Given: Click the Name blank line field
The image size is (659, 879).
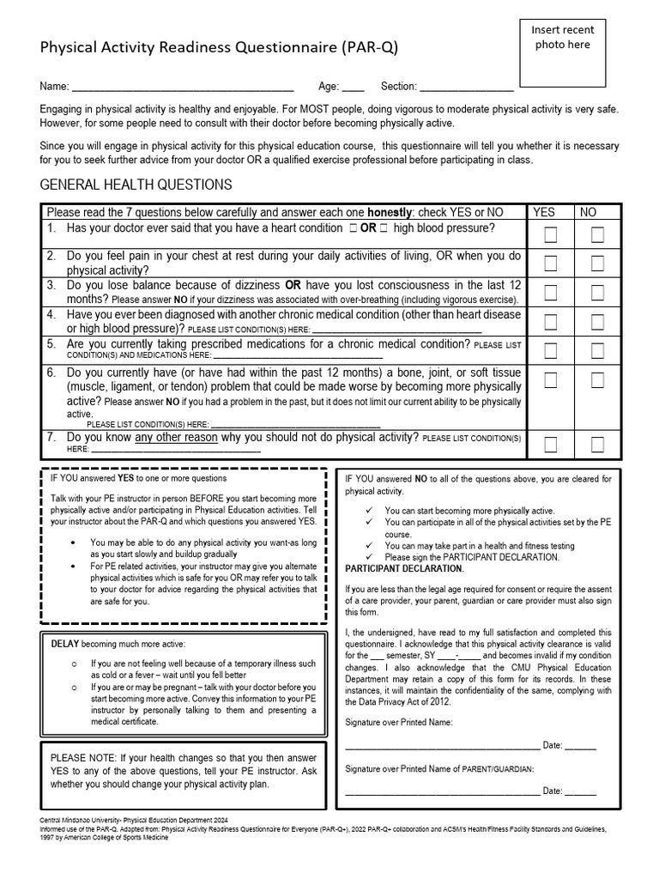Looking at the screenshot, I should pos(182,88).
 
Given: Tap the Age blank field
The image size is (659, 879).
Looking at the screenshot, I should pos(353,88).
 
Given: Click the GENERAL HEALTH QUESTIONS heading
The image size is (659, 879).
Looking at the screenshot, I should pos(136,185).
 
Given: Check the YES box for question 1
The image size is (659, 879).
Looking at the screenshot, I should pos(550,235).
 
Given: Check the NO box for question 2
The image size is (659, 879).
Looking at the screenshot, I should pos(597,263).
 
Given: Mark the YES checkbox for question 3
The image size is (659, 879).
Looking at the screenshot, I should pos(550,293).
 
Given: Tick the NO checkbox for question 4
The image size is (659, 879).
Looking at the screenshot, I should pos(597,322).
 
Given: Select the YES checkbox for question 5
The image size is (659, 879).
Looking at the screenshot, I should pos(550,350).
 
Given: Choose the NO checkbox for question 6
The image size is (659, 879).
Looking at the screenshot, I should pos(597,380).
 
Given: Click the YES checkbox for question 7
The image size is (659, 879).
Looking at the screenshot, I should pos(550,444).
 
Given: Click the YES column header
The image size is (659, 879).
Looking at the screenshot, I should pos(544,212).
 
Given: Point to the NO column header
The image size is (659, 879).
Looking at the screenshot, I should pos(589,212).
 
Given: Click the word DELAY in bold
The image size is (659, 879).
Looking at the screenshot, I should pos(65,644).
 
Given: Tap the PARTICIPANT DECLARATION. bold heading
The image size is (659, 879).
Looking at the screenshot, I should pos(404,569).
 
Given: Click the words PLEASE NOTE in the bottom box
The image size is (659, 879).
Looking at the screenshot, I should pos(82,757).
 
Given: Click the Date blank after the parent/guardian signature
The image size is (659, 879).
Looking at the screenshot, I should pos(580,791).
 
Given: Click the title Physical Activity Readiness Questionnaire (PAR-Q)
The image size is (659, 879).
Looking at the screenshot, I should pos(219,47).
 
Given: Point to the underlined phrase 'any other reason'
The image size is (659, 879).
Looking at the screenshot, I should pos(177,438).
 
